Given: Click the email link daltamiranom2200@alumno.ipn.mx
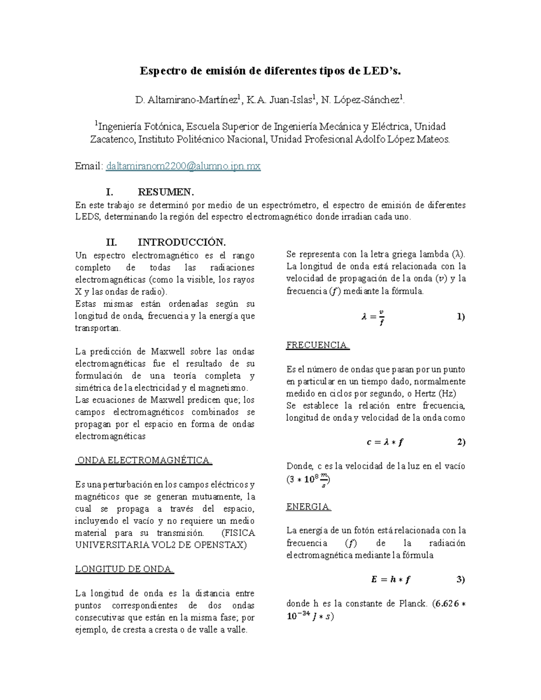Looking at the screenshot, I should [183, 166].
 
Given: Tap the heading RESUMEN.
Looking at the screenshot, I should [166, 192].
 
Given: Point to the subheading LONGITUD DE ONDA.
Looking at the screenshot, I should [124, 569].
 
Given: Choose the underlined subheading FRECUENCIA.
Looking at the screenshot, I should [318, 345].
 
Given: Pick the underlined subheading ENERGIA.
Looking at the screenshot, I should [309, 507].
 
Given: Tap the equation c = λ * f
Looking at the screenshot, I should [385, 442].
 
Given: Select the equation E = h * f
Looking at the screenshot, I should [391, 580].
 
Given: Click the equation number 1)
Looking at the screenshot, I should [460, 316].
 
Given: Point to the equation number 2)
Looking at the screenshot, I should [461, 442].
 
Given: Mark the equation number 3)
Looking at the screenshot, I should [460, 580].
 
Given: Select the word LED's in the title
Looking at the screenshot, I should [383, 71].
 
